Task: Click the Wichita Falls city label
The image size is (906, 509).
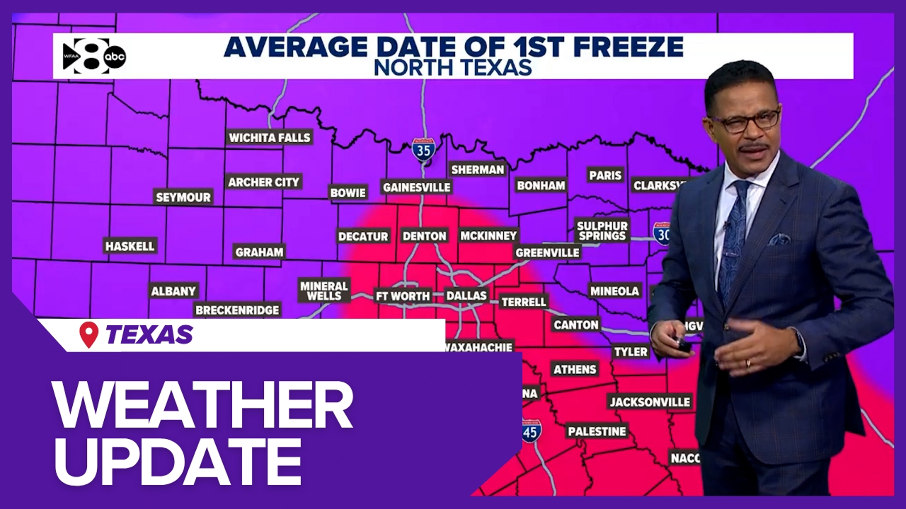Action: coord(269,138)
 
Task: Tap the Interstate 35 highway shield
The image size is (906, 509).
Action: coord(423,150)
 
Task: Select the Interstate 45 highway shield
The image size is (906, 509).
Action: coord(530,431)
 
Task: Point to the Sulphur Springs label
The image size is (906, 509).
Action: coord(602,231)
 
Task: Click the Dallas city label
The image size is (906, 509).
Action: coord(466,296)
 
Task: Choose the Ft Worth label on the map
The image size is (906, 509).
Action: coord(403,296)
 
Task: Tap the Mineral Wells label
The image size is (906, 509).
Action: coord(324,291)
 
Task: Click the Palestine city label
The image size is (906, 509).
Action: coord(597,431)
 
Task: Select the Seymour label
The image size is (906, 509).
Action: coord(183,197)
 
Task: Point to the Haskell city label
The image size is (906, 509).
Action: coord(130,246)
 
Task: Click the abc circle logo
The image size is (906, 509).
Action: coord(115,57)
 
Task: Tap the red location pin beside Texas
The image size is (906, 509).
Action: coord(89,334)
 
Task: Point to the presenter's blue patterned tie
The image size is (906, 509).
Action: coord(734,236)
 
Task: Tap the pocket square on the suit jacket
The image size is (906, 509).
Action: coord(780,239)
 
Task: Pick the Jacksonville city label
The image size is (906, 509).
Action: coord(650,402)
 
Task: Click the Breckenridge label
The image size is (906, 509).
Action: coord(237,310)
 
